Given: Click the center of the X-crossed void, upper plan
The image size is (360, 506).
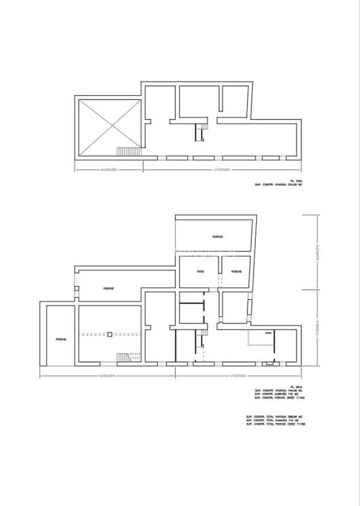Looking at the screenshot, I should [x=110, y=127].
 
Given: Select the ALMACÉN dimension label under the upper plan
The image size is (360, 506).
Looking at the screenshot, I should [x=108, y=170].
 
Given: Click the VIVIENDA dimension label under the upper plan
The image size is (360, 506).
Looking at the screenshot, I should [x=222, y=170].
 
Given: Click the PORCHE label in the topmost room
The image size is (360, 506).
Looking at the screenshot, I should [x=218, y=237].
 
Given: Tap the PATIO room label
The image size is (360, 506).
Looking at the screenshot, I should [x=200, y=272].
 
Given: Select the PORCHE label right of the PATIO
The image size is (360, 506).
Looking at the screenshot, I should [x=236, y=272].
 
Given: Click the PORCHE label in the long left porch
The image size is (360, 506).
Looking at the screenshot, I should [x=109, y=289].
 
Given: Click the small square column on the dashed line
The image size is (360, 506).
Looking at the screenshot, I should [x=109, y=334].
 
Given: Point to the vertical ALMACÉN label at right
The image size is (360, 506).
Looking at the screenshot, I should [x=317, y=252].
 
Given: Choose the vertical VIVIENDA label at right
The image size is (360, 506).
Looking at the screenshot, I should [x=317, y=328].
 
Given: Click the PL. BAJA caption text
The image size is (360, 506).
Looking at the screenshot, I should [x=296, y=387].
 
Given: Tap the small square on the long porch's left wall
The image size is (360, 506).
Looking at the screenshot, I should [x=76, y=289].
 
